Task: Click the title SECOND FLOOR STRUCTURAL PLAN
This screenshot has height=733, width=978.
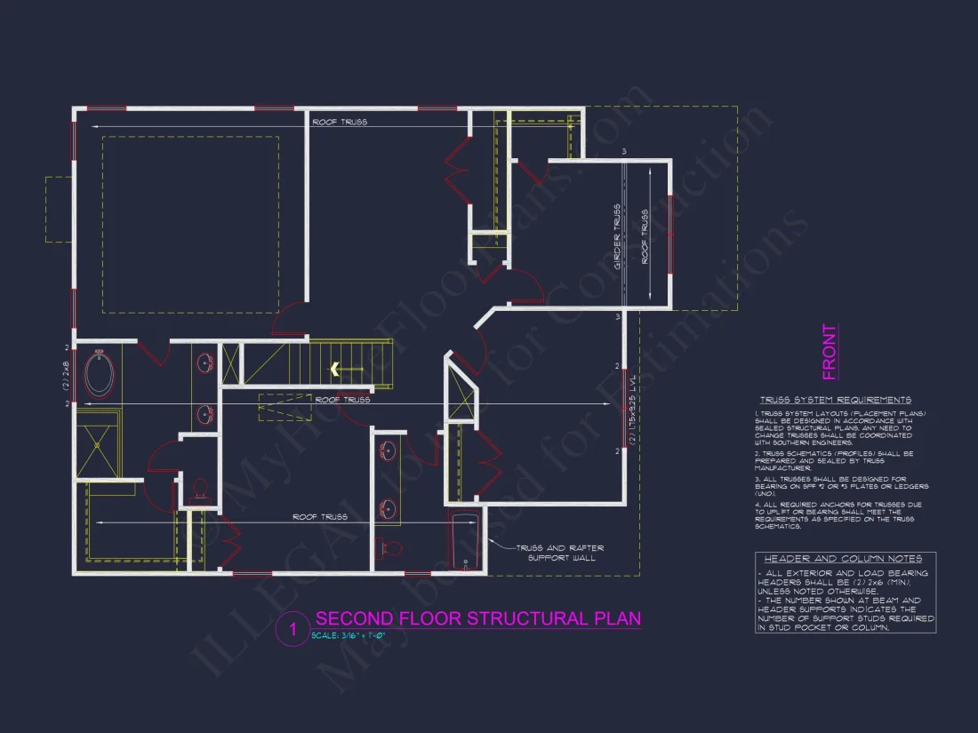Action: click(x=477, y=618)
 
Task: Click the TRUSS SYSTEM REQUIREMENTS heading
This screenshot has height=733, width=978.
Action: click(x=835, y=401)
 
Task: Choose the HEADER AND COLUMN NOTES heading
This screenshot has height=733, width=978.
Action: click(x=844, y=559)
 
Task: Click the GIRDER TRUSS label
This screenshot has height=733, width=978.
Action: click(x=617, y=236)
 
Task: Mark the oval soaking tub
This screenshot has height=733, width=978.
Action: click(x=99, y=375)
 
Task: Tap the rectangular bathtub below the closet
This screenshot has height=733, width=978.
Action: click(x=465, y=540)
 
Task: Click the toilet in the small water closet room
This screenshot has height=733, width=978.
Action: click(x=200, y=488)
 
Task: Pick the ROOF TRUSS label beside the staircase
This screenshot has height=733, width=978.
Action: click(x=342, y=401)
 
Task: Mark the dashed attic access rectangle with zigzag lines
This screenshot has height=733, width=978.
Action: click(x=285, y=407)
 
